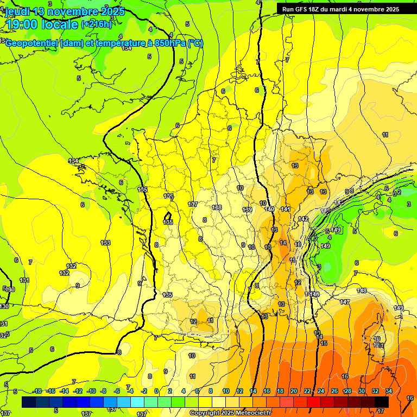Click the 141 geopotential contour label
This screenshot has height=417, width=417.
[286, 209]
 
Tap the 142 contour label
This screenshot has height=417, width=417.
[303, 219]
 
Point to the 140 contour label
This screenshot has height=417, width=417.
[269, 209]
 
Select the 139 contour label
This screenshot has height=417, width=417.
[247, 210]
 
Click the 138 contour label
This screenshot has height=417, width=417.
[217, 207]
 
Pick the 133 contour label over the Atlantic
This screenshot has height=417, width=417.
[106, 243]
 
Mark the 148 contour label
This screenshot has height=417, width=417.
[362, 290]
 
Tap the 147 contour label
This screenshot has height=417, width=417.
[345, 301]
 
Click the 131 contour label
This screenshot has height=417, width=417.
[24, 280]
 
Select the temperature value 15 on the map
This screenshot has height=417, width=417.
[324, 343]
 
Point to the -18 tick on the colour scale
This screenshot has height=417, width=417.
[37, 391]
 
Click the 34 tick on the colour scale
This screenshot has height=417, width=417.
[389, 391]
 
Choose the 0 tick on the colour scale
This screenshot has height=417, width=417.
[156, 391]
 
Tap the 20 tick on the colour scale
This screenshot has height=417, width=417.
[293, 391]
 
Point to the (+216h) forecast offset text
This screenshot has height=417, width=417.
[97, 24]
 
